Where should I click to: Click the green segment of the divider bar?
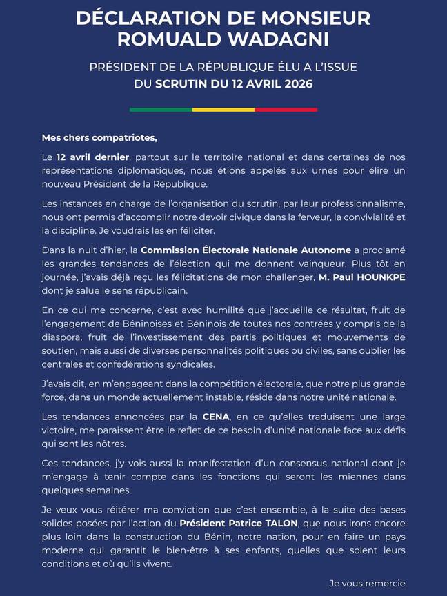tap(161, 109)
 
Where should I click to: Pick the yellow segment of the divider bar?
tap(223, 109)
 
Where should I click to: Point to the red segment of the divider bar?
tap(286, 109)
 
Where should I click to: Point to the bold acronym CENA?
tap(215, 417)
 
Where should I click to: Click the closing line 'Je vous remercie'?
tap(367, 584)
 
